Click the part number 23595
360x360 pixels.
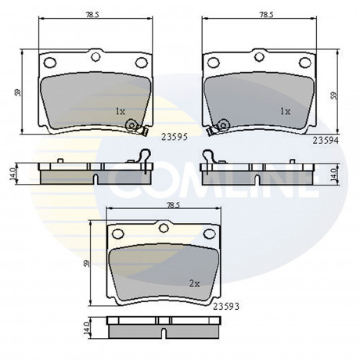pyautogui.click(x=175, y=137)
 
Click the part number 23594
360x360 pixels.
pyautogui.click(x=326, y=141)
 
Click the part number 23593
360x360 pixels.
pyautogui.click(x=226, y=307)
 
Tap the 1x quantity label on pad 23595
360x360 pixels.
pyautogui.click(x=121, y=112)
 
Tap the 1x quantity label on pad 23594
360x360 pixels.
pyautogui.click(x=285, y=112)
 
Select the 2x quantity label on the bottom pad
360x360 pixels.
pyautogui.click(x=194, y=283)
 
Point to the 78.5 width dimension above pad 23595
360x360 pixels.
pyautogui.click(x=92, y=15)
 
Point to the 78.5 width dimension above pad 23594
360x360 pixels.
pyautogui.click(x=266, y=15)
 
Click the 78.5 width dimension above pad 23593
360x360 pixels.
pyautogui.click(x=173, y=205)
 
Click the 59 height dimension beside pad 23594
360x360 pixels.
pyautogui.click(x=333, y=95)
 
